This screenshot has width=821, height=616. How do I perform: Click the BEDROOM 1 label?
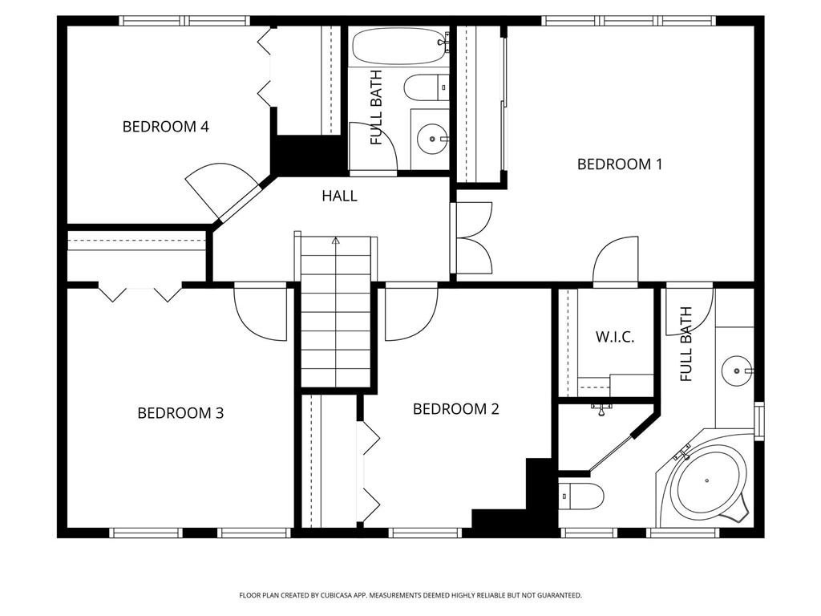(x=620, y=164)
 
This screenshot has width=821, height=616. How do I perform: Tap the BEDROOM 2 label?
(x=455, y=409)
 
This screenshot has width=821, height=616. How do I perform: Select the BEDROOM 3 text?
(x=180, y=413)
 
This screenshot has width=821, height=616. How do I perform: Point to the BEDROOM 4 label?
(x=165, y=127)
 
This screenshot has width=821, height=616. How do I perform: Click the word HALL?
(x=339, y=196)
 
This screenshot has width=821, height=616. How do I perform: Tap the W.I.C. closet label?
(x=614, y=337)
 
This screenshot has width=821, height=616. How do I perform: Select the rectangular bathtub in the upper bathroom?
(x=399, y=47)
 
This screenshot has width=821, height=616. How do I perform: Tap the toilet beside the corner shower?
(x=581, y=496)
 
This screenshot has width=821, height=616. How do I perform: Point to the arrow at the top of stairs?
(x=336, y=240)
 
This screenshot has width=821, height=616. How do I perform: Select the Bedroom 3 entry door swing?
(x=258, y=311)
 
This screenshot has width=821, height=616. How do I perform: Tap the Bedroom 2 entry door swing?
(x=410, y=313)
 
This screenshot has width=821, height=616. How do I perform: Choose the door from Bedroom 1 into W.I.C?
(x=615, y=261)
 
